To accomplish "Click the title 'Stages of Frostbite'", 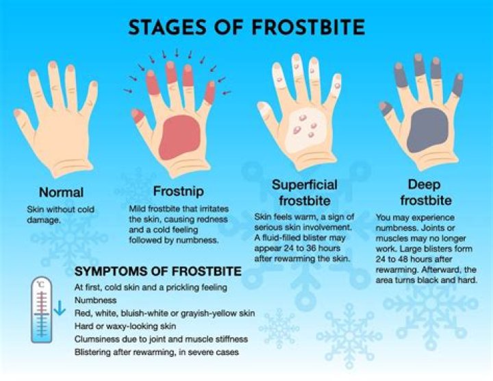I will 246,27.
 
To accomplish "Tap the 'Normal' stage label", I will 61,192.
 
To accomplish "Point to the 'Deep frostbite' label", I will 424,193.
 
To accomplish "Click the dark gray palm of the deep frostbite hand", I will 424,129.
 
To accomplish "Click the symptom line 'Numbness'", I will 96,299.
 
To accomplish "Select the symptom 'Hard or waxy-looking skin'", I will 125,325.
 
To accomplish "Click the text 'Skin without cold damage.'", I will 60,214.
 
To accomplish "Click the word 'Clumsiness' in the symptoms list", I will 101,339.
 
